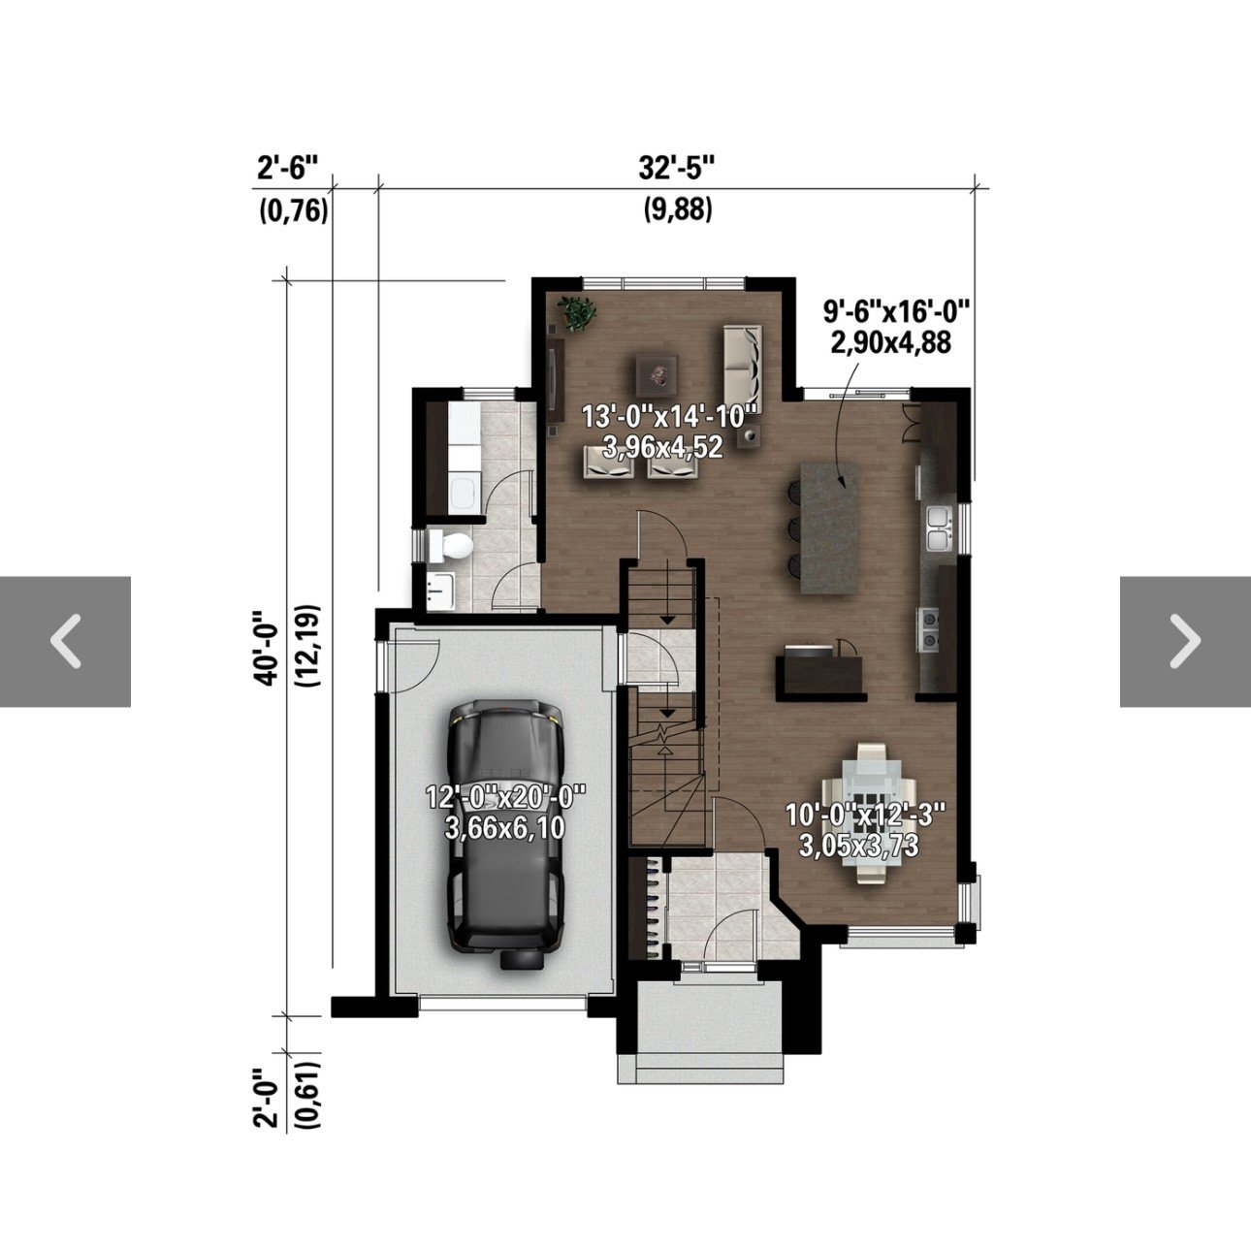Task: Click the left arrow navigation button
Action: coord(66,642)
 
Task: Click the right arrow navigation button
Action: coord(1185,642)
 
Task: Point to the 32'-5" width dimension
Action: coord(677,169)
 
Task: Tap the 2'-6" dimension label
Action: coord(288,169)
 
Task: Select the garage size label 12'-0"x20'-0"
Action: coord(506,796)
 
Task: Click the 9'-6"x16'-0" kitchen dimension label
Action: coord(896,311)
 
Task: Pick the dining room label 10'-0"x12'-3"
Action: coord(865,814)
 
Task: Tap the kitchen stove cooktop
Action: coord(930,629)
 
